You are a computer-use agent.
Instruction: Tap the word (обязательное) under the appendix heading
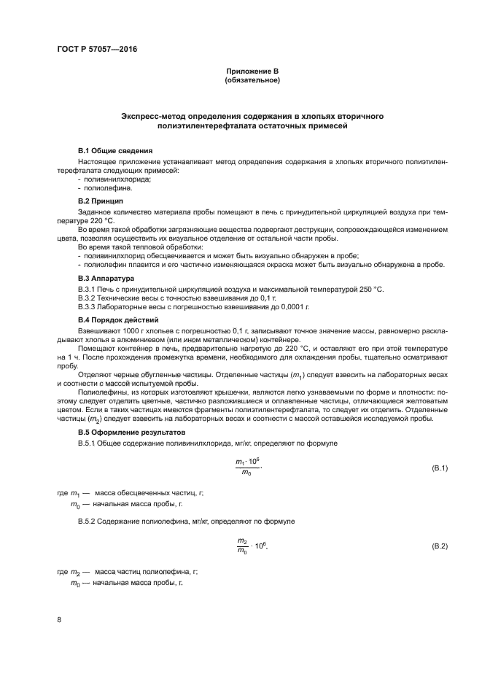coord(252,80)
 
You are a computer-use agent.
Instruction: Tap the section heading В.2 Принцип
coord(101,201)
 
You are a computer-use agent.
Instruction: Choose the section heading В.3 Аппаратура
coord(106,279)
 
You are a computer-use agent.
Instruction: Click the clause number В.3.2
coord(88,299)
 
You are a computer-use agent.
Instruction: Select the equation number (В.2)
coord(440,546)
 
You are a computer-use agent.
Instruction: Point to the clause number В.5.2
coord(88,521)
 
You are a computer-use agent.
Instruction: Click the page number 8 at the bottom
coord(59,620)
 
